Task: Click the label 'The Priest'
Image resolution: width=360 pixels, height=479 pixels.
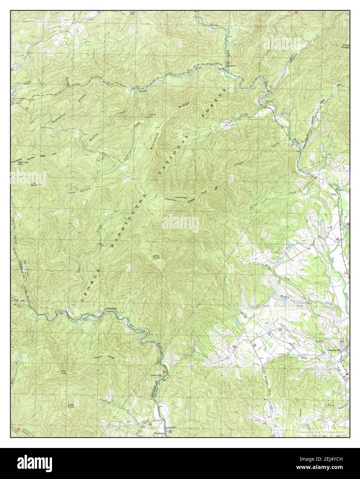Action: [x=180, y=197]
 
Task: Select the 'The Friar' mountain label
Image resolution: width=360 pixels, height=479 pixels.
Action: [x=63, y=372]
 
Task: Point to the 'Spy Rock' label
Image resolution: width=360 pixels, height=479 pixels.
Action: [x=34, y=184]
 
